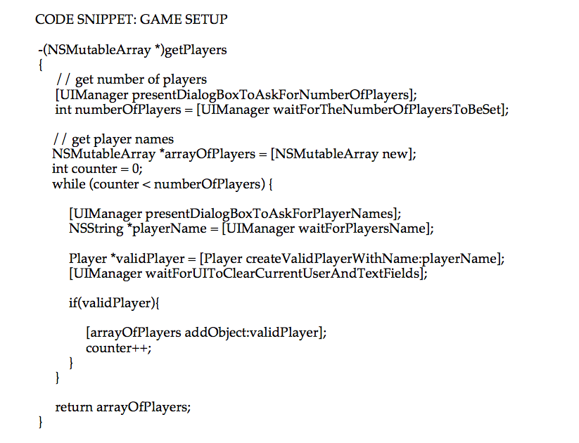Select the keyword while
[x=68, y=184]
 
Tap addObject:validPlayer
[x=251, y=333]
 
